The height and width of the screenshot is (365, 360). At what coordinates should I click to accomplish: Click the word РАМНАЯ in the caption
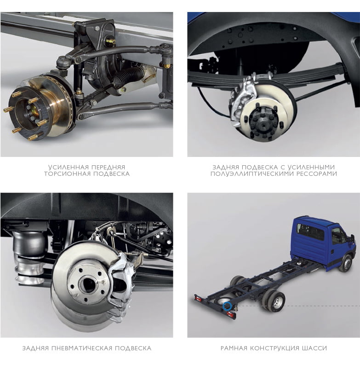234,348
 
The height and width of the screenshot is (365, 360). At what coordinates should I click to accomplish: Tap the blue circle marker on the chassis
227,307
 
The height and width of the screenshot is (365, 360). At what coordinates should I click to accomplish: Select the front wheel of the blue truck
346,263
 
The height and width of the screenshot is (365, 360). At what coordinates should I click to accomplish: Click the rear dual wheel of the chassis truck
274,301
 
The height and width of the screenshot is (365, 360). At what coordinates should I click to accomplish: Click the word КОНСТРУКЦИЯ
274,348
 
